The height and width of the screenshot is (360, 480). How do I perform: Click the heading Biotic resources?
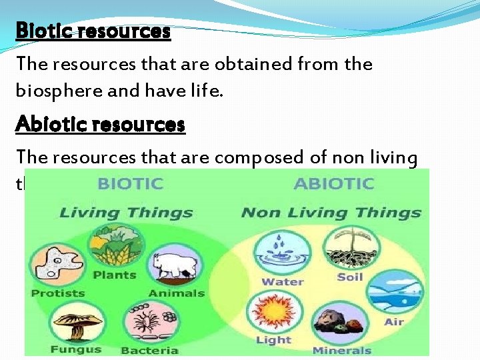[93, 31]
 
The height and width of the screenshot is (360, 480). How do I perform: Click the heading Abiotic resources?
[100, 125]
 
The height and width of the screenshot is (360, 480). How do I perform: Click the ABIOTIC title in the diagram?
[334, 183]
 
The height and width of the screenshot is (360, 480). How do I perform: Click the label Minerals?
[341, 350]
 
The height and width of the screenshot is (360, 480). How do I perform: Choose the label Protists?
[58, 293]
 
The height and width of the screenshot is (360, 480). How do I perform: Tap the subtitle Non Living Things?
[331, 213]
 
